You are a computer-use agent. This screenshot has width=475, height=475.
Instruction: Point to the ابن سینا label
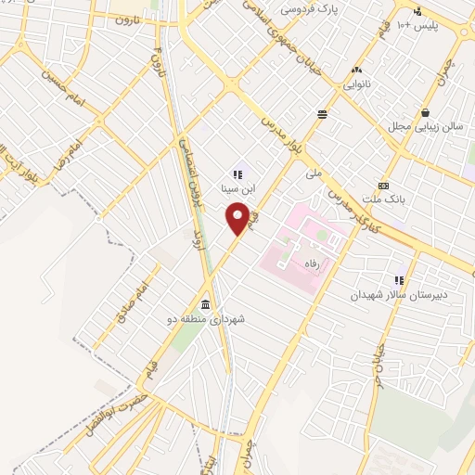click(237, 186)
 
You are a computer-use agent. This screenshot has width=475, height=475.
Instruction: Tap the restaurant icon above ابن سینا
click(237, 173)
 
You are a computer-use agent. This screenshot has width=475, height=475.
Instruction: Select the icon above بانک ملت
click(382, 186)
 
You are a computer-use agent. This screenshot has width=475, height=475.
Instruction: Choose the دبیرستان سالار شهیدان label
click(398, 294)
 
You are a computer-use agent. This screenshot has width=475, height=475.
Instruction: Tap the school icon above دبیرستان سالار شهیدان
click(399, 280)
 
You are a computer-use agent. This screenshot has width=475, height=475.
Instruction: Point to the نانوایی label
click(358, 83)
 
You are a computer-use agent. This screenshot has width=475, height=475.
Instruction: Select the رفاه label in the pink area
click(299, 264)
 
